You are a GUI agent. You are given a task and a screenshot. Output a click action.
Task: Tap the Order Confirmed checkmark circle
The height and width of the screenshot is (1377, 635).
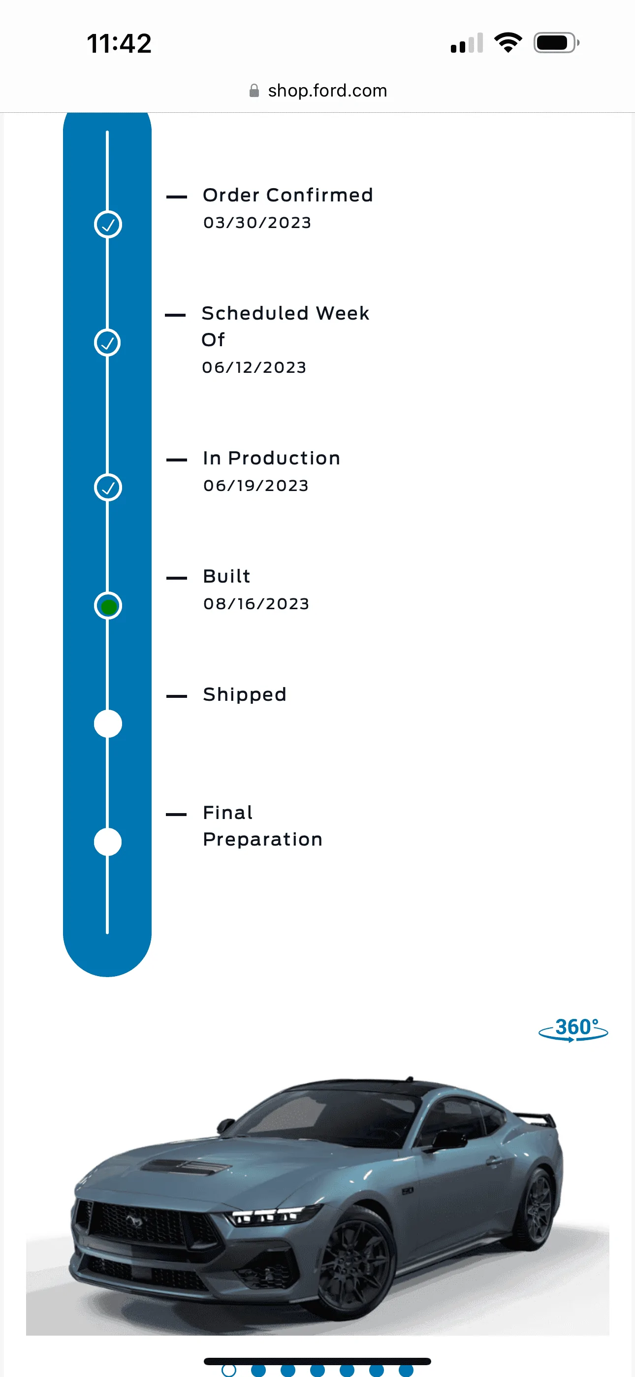coord(108,225)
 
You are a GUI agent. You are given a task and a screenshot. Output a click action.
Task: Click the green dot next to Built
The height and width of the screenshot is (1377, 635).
coord(108,606)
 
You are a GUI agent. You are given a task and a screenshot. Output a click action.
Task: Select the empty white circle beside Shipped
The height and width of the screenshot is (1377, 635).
coord(108,724)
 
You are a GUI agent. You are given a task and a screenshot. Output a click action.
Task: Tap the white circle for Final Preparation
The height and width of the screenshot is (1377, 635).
coord(108,842)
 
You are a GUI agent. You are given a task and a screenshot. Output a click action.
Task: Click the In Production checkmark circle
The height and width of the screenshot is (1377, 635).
coord(108,488)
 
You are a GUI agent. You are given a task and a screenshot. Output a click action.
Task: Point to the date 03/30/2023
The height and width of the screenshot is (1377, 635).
coord(257,223)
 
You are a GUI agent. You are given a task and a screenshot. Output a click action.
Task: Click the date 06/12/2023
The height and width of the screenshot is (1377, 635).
coord(254,367)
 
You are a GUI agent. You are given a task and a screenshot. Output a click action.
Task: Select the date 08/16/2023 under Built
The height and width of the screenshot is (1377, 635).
coord(256,603)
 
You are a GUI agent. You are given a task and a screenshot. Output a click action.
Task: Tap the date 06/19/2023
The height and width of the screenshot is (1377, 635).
coord(256,486)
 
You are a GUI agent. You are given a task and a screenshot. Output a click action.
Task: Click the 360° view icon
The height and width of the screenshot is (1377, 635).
coord(573,1029)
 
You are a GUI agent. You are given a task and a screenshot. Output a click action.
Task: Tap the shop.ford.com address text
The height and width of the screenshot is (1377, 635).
coord(328,91)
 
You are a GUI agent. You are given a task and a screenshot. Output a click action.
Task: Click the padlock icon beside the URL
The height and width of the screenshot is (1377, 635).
coord(254,91)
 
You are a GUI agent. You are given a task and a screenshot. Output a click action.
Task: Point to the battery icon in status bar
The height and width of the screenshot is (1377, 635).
coord(556,43)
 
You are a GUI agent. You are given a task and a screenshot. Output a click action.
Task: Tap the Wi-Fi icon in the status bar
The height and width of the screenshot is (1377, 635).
coord(508,43)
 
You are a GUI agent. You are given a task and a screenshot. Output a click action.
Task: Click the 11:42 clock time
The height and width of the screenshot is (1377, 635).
coord(119,43)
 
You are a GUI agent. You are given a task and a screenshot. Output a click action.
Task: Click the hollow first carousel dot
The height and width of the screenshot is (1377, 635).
coord(229,1370)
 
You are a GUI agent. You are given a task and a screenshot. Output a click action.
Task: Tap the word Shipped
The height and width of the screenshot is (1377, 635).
coord(245,694)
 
